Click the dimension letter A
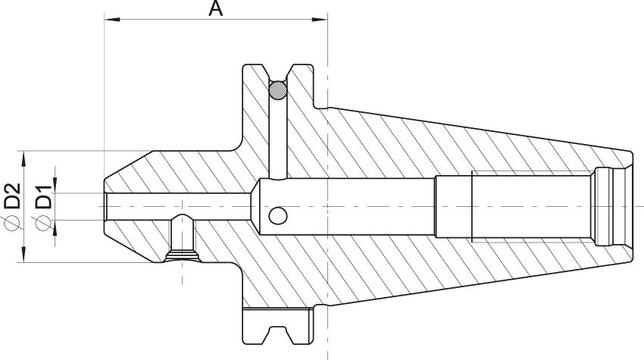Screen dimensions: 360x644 215,10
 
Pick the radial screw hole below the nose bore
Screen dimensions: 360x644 184,240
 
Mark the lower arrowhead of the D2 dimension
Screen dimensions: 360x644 22,262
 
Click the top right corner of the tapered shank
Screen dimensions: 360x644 631,152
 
